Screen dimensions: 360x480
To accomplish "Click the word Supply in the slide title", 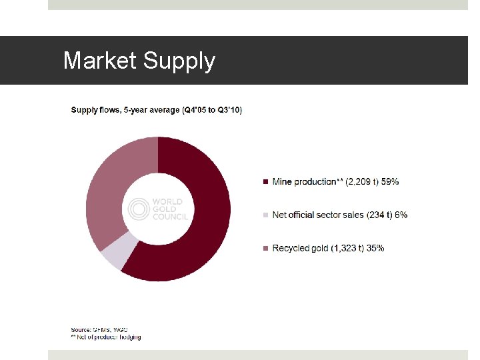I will pyautogui.click(x=178, y=62).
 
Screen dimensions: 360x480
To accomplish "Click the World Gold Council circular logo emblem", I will pyautogui.click(x=139, y=209).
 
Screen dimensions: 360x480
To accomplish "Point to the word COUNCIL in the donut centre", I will pyautogui.click(x=169, y=217).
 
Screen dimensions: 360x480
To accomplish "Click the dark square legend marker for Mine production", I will pyautogui.click(x=266, y=181).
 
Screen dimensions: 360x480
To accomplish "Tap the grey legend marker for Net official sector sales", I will pyautogui.click(x=266, y=215).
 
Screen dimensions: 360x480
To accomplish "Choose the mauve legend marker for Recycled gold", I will pyautogui.click(x=266, y=248).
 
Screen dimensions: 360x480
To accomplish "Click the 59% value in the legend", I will pyautogui.click(x=390, y=181).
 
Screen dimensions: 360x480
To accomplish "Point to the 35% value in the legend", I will pyautogui.click(x=375, y=248).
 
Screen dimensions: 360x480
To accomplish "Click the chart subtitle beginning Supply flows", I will pyautogui.click(x=156, y=110).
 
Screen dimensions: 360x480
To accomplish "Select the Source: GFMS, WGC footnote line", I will pyautogui.click(x=99, y=329).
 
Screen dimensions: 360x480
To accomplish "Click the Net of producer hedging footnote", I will pyautogui.click(x=107, y=337).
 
